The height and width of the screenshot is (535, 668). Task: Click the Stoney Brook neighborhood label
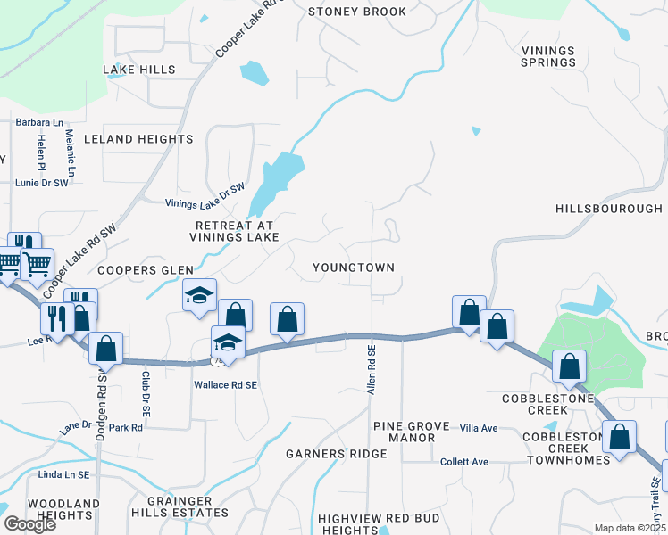pos(357,12)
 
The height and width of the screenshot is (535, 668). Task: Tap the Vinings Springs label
pos(549,56)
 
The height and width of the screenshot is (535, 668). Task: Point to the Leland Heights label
pos(138,139)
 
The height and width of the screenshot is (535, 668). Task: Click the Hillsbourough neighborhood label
pos(608,208)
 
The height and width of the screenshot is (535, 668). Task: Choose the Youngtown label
pos(354,267)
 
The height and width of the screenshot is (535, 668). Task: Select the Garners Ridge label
pos(337,454)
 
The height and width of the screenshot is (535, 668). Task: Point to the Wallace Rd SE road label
pos(226,384)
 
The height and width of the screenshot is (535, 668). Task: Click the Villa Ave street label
pos(478,429)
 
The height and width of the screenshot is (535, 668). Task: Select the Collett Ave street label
pos(464,462)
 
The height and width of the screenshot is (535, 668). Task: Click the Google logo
pos(29,523)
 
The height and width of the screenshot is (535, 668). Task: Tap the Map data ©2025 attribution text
pos(629,528)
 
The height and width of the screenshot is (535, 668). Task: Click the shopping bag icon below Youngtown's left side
pos(287,318)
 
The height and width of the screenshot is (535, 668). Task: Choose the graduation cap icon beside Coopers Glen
pos(199,293)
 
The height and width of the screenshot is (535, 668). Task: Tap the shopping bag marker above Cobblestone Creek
pos(569,366)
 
